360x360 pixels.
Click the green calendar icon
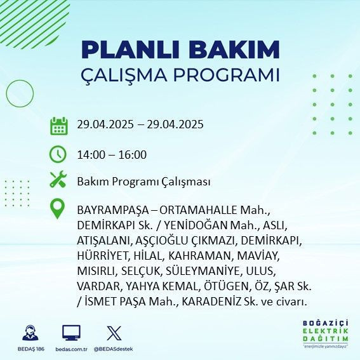[59, 125]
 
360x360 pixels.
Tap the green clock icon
[59, 154]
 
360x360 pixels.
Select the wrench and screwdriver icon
[59, 180]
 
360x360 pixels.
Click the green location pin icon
[59, 209]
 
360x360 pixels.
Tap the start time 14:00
[90, 154]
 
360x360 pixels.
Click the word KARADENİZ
[213, 301]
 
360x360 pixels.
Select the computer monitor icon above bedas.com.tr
[71, 333]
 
